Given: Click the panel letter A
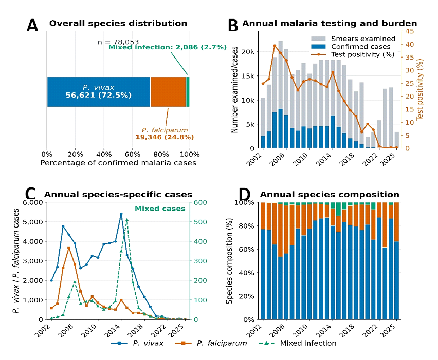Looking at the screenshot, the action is coord(32,25).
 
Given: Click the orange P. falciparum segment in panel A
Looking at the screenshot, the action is coord(168,92).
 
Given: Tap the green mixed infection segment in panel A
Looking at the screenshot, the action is coord(188,92).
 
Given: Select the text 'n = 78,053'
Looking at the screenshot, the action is coord(118,42).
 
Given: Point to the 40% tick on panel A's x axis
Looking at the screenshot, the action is coord(104,155).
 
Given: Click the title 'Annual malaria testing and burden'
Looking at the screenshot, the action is coord(330,23).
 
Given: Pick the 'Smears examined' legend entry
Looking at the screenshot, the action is coord(353,39).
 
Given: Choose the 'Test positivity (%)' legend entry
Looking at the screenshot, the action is coord(353,54).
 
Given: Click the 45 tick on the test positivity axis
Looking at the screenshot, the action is coord(410,31).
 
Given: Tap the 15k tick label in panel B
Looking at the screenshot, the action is coord(249,76).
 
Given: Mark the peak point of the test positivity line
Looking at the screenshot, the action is coord(275,46).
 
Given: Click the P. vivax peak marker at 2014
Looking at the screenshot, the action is coord(121,214).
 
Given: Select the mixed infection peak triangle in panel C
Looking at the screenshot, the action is coord(127,220).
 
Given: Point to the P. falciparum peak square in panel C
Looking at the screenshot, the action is coord(69,248).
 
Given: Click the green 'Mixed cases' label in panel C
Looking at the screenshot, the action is coord(160,209).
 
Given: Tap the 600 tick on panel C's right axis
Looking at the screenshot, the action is coord(200,202).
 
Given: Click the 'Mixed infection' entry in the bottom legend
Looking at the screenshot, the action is coord(297,343).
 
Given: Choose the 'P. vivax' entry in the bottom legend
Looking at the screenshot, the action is coord(137,343).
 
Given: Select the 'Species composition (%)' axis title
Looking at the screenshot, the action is coord(229,261).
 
